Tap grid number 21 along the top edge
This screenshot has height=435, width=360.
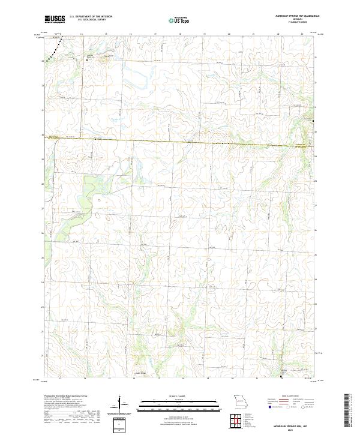coord(254,34)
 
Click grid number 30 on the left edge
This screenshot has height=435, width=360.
coord(42,135)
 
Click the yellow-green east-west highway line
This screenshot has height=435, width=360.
coord(180,142)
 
